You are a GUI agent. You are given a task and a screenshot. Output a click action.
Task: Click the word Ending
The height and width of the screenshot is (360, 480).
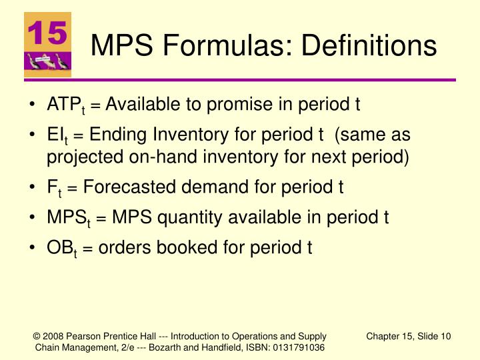113,135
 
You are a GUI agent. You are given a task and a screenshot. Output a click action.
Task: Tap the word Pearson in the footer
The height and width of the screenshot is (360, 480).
82,336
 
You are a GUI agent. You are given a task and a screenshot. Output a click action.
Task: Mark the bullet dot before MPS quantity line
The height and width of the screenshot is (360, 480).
34,217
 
